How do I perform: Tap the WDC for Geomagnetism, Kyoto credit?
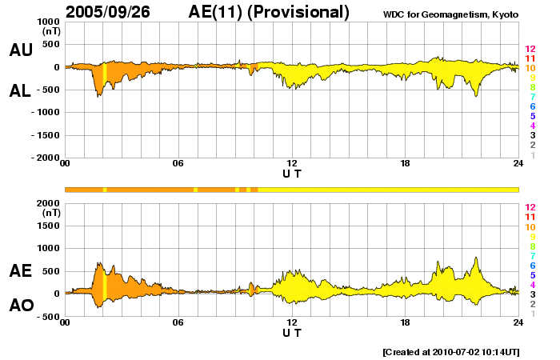tap(452, 14)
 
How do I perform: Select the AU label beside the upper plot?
tap(21, 50)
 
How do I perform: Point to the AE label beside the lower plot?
tap(21, 271)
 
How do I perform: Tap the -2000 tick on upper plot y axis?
tap(42, 158)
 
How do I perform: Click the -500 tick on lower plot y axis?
tap(45, 317)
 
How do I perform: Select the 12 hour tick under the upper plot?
tap(292, 164)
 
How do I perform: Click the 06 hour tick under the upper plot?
tap(178, 164)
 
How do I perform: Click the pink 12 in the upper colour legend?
tap(529, 50)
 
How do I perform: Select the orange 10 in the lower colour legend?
tap(529, 227)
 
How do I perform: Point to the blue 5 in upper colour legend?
tap(532, 116)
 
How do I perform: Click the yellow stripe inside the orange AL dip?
tap(105, 80)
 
